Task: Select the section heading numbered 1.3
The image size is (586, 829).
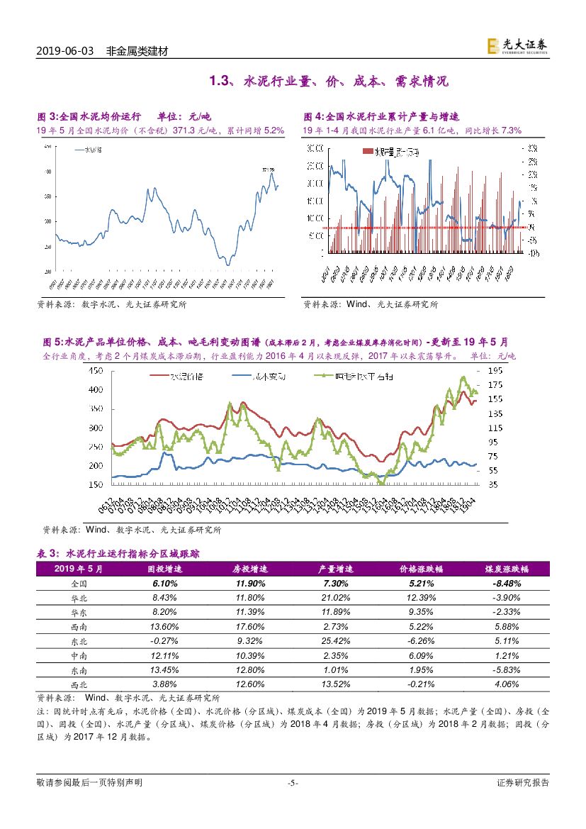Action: pyautogui.click(x=329, y=82)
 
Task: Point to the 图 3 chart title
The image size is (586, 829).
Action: pyautogui.click(x=124, y=116)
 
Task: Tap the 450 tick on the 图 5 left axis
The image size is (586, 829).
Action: pyautogui.click(x=94, y=371)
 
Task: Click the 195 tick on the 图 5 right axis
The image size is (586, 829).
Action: pyautogui.click(x=495, y=371)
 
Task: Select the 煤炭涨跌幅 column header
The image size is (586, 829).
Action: pyautogui.click(x=507, y=569)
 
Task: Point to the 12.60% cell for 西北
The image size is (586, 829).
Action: pyautogui.click(x=249, y=684)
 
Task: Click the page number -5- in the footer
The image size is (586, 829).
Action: pyautogui.click(x=292, y=783)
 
